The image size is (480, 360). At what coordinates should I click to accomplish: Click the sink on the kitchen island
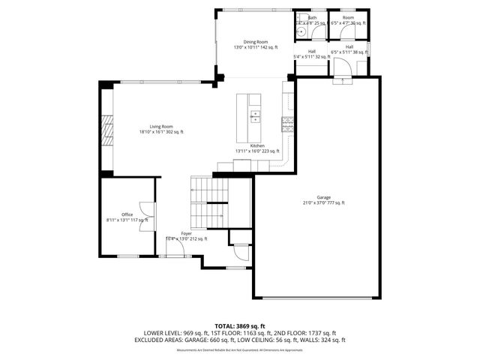click(x=255, y=116)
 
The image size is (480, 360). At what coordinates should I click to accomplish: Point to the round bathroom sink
click(x=299, y=22)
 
